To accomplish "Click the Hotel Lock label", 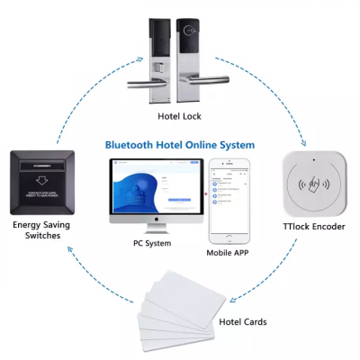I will (x=179, y=116).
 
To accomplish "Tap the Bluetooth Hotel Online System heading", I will (x=180, y=145).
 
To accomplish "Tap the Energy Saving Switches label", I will (x=39, y=229).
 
